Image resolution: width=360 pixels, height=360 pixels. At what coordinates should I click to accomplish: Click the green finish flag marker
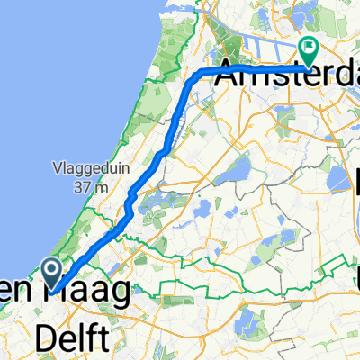coord(309,53)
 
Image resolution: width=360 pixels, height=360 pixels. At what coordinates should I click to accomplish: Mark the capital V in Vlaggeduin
coord(56,170)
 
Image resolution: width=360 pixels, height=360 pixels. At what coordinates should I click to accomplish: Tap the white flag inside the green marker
coord(309,49)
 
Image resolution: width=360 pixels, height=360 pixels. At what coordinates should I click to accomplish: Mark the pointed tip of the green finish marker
coord(309,67)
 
